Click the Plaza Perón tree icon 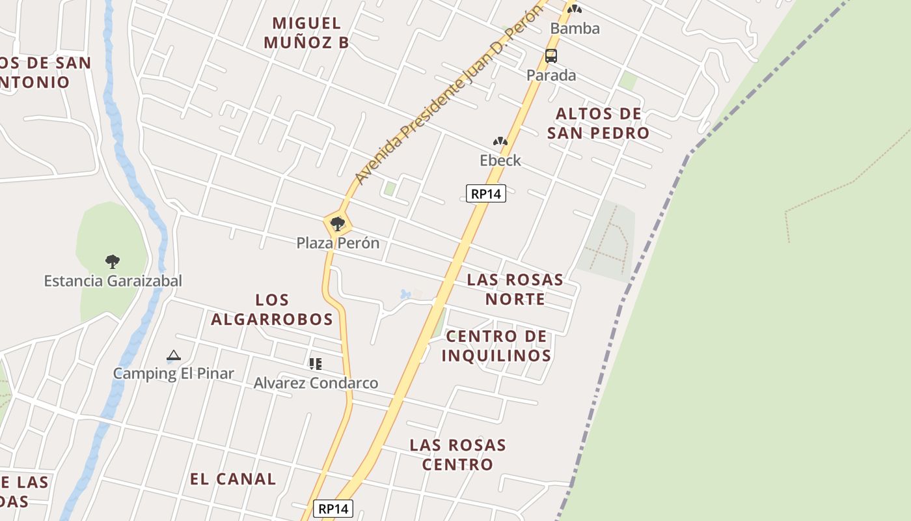(x=337, y=225)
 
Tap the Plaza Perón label (x=337, y=243)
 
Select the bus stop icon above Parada (x=551, y=56)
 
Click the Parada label (x=551, y=76)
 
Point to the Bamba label (x=575, y=29)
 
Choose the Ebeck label (x=500, y=160)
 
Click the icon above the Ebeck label (x=500, y=141)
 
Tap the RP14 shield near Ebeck (x=486, y=193)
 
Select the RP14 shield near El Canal (x=333, y=509)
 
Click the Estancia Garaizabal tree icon (x=113, y=262)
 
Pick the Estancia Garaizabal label (x=113, y=281)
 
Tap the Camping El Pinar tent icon (x=173, y=356)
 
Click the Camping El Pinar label (x=173, y=374)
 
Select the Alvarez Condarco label (x=316, y=383)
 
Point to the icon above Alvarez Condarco (x=316, y=364)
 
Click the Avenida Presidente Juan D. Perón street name (x=449, y=94)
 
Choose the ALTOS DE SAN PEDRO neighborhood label (x=598, y=123)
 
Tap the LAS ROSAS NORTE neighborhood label (x=515, y=289)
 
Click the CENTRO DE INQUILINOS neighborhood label (x=496, y=346)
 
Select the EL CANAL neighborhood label (x=233, y=479)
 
